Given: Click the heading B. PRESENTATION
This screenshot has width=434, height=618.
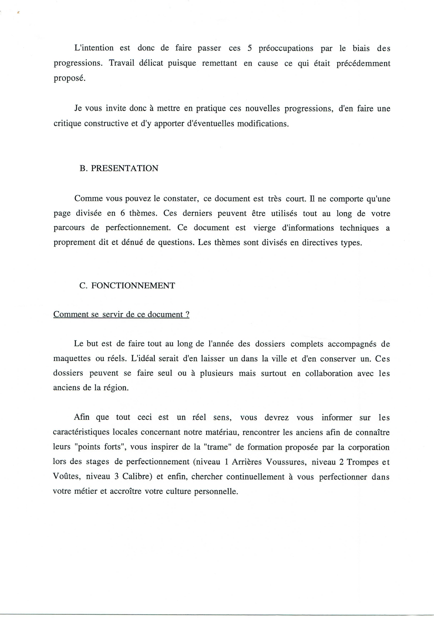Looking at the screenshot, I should click(119, 169).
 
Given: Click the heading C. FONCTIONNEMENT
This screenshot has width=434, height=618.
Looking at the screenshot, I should click(127, 286).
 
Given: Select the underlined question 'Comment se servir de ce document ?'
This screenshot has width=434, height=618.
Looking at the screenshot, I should click(121, 315).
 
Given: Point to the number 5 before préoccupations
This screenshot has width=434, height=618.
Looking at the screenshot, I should click(250, 48).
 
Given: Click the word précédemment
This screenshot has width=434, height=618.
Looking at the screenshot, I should click(363, 64).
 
